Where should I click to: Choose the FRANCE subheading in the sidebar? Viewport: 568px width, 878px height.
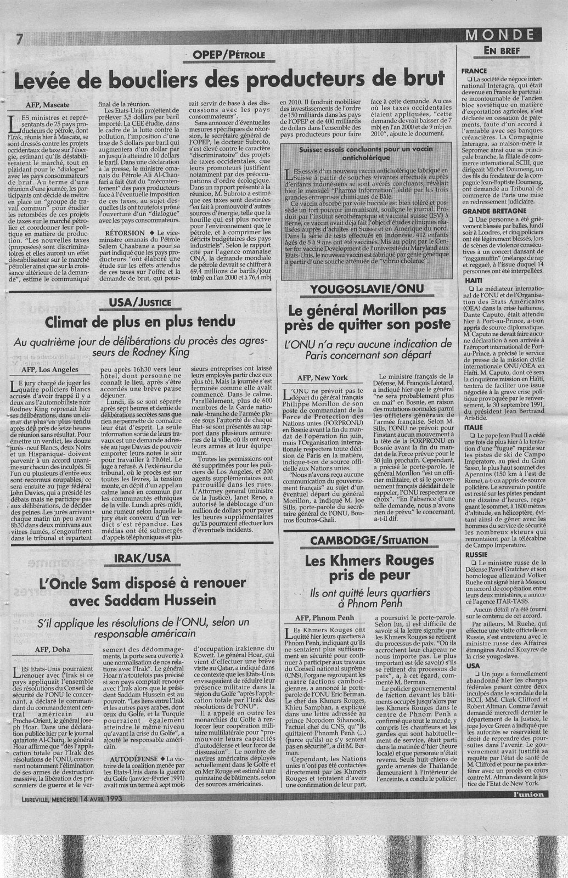[475, 71]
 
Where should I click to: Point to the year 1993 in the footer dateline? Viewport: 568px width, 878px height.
[115, 798]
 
